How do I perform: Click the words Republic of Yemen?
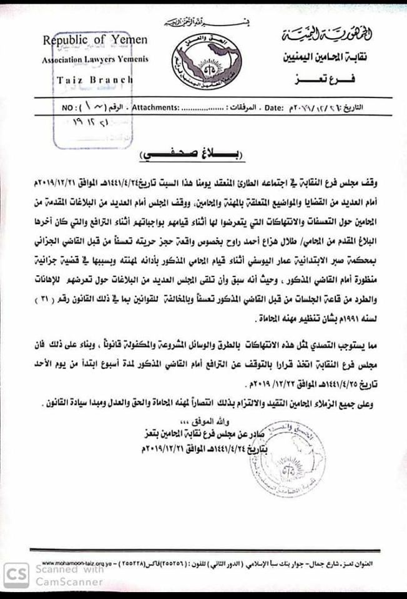pyautogui.click(x=95, y=41)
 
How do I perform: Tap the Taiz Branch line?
pyautogui.click(x=95, y=80)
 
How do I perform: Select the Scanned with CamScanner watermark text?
pyautogui.click(x=68, y=575)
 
